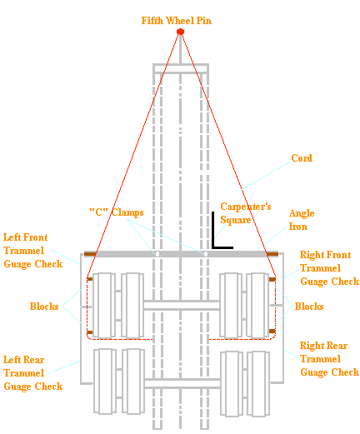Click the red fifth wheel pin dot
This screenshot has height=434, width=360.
pos(180,32)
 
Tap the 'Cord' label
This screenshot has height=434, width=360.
pos(302,158)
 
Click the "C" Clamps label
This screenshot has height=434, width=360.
pos(117,211)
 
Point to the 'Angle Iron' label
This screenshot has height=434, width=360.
pos(302,219)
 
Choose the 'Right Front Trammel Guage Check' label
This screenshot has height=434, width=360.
pos(329,269)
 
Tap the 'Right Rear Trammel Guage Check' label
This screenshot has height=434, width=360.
pos(329,359)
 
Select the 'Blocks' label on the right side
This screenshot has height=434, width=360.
pos(309,307)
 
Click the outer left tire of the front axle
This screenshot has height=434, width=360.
pos(103,305)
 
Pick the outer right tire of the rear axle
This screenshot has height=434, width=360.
pos(258,382)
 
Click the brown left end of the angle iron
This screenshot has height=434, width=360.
pos(91,253)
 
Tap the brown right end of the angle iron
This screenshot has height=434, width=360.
pos(272,253)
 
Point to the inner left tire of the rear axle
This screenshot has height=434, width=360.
pos(132,382)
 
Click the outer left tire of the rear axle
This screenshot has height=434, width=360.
pos(103,382)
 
